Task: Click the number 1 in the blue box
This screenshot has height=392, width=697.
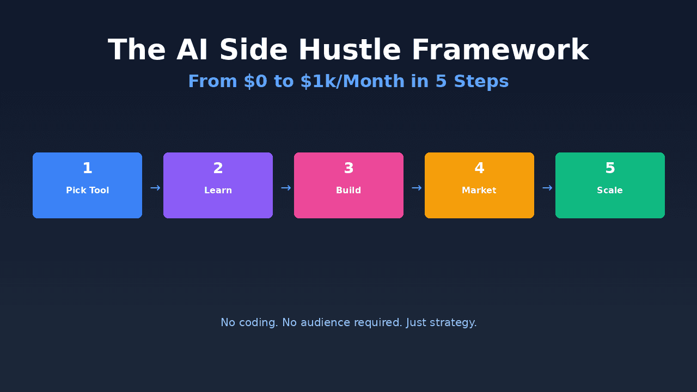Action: (x=87, y=169)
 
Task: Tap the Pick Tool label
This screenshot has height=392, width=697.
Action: (x=87, y=191)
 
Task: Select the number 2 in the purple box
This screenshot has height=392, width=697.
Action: (x=218, y=169)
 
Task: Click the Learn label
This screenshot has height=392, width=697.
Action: (x=218, y=191)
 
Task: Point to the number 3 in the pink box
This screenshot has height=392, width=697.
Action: (x=348, y=169)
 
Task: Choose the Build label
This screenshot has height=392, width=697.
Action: (x=348, y=191)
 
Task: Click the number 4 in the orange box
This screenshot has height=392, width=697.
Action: (x=479, y=169)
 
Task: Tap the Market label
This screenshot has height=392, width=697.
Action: (x=479, y=191)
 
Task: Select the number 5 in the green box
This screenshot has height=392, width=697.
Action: (x=610, y=169)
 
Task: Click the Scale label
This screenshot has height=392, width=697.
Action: (x=610, y=191)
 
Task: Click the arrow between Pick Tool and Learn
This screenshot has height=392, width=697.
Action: (x=155, y=188)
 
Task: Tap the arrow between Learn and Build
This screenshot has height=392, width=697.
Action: (x=286, y=188)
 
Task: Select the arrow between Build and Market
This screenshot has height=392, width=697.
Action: (x=417, y=188)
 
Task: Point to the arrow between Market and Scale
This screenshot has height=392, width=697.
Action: (x=547, y=188)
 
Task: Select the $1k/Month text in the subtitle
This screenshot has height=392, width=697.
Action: (x=352, y=82)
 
